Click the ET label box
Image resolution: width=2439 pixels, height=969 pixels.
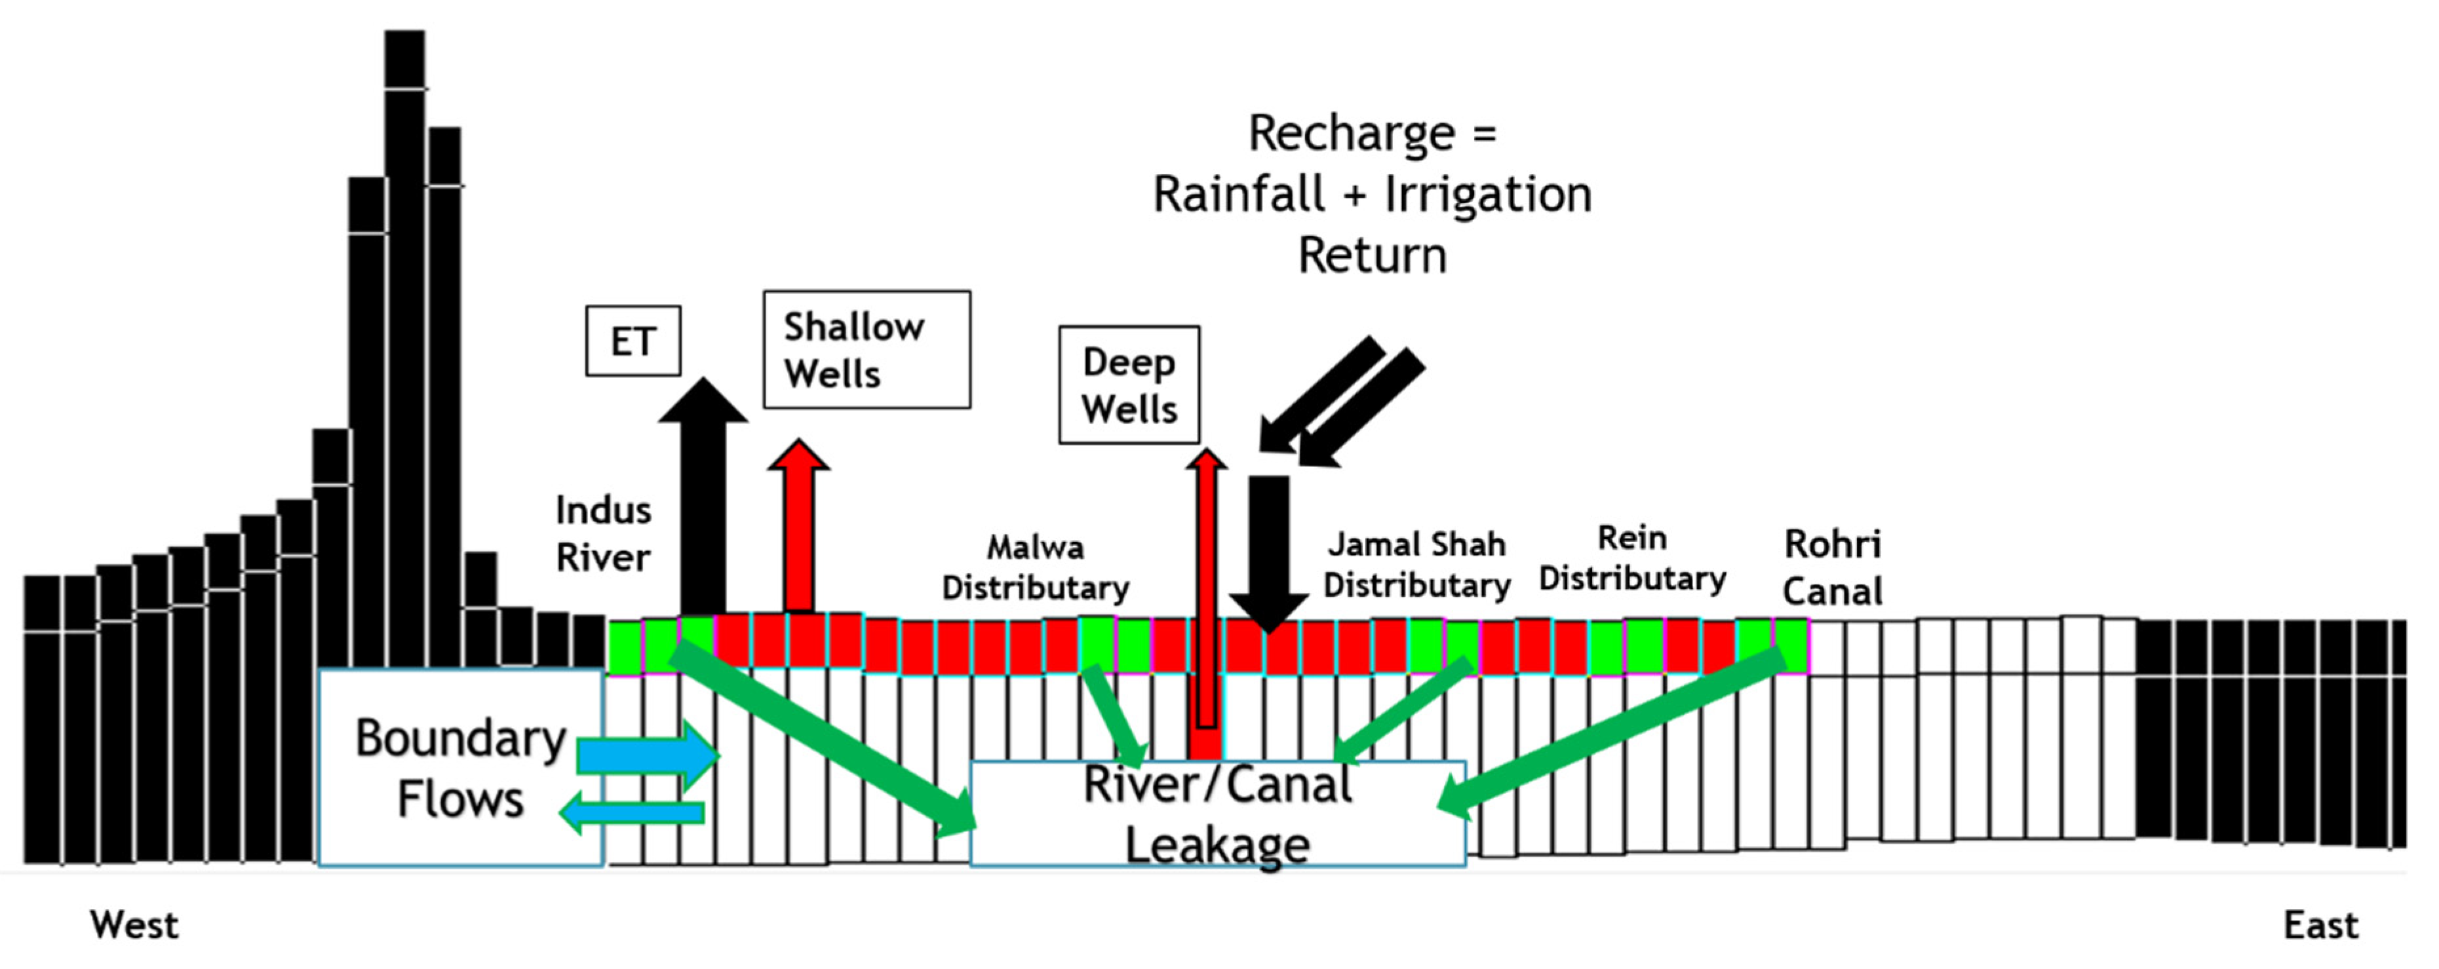point(633,341)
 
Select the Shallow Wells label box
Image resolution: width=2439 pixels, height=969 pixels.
point(867,349)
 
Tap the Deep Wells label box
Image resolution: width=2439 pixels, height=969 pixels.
point(1129,385)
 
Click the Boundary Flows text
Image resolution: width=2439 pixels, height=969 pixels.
point(460,769)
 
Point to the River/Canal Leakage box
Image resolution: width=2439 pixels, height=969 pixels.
point(1218,814)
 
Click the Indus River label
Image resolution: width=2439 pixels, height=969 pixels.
point(603,534)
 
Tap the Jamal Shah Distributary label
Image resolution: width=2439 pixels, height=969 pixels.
point(1416,564)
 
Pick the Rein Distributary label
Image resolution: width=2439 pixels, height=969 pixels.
point(1631,558)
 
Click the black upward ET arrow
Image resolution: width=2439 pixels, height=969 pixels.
point(703,501)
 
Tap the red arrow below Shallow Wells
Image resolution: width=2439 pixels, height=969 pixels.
point(798,530)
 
